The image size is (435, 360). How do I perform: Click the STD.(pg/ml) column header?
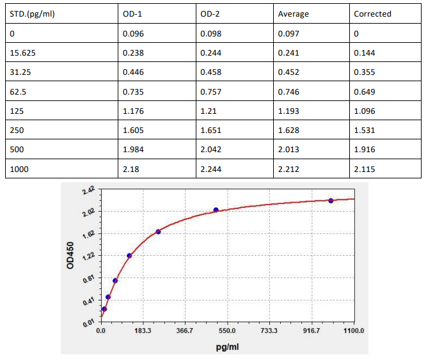(33, 14)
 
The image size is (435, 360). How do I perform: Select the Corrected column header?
(372, 14)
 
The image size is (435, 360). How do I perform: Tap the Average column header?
(293, 14)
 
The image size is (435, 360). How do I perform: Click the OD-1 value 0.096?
(133, 34)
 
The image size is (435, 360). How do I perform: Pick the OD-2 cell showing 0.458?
(210, 72)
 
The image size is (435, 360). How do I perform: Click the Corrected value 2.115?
(365, 169)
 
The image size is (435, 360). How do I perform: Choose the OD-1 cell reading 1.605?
(133, 130)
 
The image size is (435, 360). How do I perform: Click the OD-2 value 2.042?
(210, 150)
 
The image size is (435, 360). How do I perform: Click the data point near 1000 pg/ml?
(331, 201)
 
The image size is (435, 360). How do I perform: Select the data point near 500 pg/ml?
(216, 210)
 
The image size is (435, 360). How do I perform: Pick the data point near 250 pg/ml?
(158, 231)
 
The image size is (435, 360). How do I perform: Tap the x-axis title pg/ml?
(227, 346)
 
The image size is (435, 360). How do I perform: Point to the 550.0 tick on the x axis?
(227, 331)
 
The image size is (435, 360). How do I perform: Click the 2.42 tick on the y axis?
(88, 191)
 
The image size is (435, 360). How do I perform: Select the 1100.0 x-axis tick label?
(353, 331)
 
